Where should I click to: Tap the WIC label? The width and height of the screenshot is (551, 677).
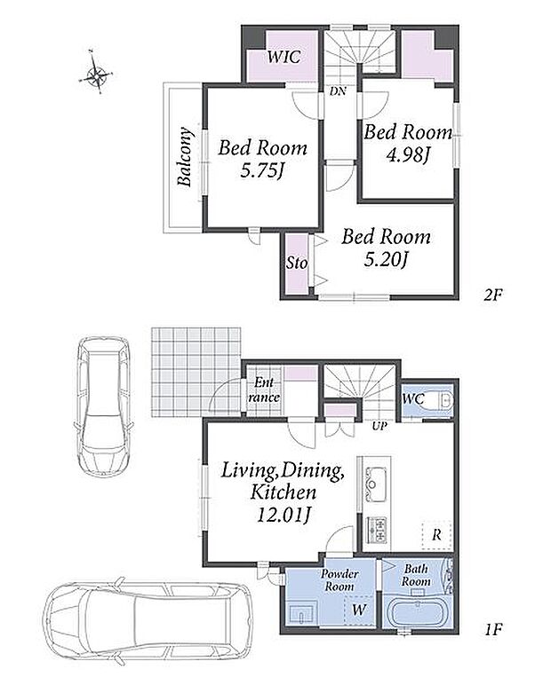[283, 57]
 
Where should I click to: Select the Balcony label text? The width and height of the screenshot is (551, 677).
[185, 156]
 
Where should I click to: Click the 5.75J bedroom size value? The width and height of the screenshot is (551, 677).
[262, 171]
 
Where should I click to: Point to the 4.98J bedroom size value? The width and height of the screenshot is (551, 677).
[407, 155]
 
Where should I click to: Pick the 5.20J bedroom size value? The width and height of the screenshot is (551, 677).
[386, 259]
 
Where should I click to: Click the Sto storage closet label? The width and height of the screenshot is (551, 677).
[297, 263]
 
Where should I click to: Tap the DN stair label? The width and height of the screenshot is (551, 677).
[338, 91]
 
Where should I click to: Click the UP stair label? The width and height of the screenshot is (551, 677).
[379, 427]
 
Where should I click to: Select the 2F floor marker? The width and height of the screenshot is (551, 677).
[492, 295]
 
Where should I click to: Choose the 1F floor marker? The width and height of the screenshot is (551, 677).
[492, 629]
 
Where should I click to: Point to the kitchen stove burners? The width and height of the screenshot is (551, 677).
[376, 530]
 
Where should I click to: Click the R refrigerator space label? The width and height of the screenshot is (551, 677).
[437, 535]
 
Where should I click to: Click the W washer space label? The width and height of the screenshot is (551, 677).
[358, 610]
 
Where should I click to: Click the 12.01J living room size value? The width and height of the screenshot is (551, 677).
[283, 515]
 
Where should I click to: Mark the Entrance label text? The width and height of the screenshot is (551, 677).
[264, 390]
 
